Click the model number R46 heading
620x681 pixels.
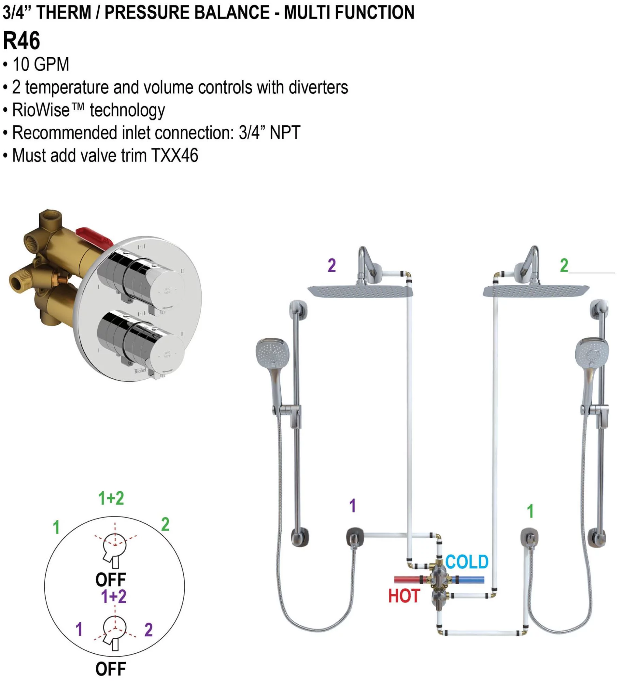[21, 41]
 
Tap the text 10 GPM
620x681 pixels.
[41, 64]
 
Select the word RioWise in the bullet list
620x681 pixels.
[41, 110]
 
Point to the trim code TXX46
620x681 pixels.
[175, 156]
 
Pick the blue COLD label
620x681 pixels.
[467, 562]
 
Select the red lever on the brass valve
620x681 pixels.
[94, 235]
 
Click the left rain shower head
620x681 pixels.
[360, 291]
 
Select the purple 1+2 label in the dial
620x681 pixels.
[113, 596]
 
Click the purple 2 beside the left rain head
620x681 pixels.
[332, 265]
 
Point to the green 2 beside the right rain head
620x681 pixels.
[564, 265]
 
